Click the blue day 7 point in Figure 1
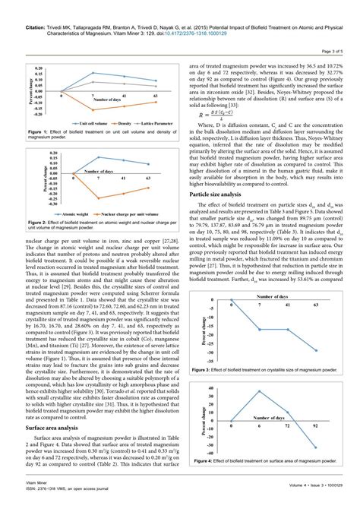[93, 73]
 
